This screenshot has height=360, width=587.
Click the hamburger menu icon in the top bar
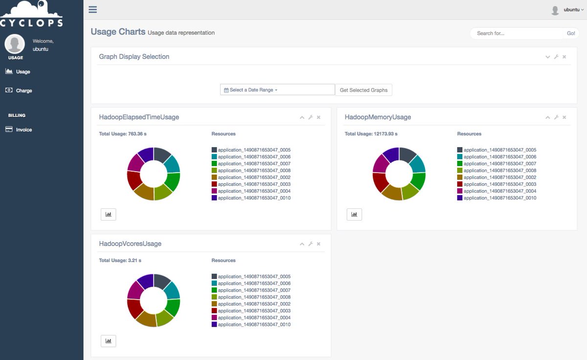pyautogui.click(x=92, y=9)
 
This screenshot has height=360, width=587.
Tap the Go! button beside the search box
pyautogui.click(x=571, y=33)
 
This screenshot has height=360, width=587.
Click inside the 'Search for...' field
pyautogui.click(x=517, y=33)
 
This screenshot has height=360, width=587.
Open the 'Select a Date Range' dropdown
pyautogui.click(x=277, y=90)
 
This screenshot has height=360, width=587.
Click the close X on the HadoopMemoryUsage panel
pyautogui.click(x=564, y=117)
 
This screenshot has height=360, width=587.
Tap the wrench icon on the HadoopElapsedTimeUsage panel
pyautogui.click(x=311, y=117)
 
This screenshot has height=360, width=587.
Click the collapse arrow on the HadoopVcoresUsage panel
pyautogui.click(x=302, y=244)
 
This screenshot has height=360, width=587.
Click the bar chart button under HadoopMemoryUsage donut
pyautogui.click(x=354, y=214)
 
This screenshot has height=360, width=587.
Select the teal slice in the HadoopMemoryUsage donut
pyautogui.click(x=418, y=164)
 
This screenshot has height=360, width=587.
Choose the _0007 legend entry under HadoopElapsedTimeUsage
pyautogui.click(x=251, y=163)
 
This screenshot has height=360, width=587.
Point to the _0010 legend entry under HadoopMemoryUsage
pyautogui.click(x=497, y=198)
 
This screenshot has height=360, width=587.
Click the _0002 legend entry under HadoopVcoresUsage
pyautogui.click(x=251, y=304)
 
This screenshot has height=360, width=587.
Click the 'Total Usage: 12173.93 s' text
pyautogui.click(x=371, y=134)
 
